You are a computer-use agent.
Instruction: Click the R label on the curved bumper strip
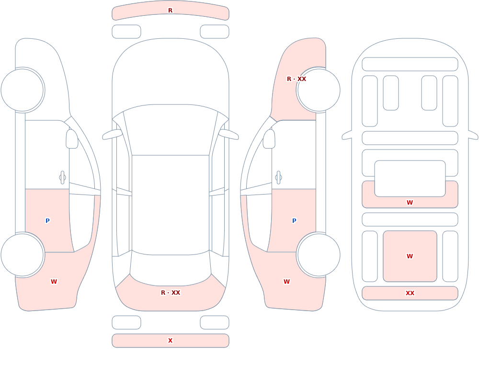pyautogui.click(x=170, y=11)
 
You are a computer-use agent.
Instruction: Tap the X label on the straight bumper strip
pyautogui.click(x=170, y=341)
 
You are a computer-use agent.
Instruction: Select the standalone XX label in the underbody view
pyautogui.click(x=410, y=293)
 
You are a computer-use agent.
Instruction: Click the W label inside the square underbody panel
pyautogui.click(x=410, y=256)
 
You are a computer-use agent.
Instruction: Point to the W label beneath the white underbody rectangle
pyautogui.click(x=410, y=202)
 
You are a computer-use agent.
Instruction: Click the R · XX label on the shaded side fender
pyautogui.click(x=297, y=79)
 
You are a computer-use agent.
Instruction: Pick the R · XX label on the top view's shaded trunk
pyautogui.click(x=171, y=293)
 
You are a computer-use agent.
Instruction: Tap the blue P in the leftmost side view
pyautogui.click(x=47, y=221)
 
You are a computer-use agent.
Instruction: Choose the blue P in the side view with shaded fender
pyautogui.click(x=294, y=221)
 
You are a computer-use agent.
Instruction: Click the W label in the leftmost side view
pyautogui.click(x=54, y=282)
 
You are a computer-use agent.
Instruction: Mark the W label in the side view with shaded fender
pyautogui.click(x=286, y=282)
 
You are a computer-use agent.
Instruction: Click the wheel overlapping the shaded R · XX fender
pyautogui.click(x=319, y=90)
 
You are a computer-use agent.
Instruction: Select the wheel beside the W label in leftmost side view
pyautogui.click(x=23, y=254)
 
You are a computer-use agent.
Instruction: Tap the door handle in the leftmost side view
pyautogui.click(x=63, y=178)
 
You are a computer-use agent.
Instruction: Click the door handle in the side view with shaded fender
pyautogui.click(x=278, y=178)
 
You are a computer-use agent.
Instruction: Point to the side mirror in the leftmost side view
pyautogui.click(x=72, y=139)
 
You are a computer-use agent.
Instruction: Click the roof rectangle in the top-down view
pyautogui.click(x=171, y=205)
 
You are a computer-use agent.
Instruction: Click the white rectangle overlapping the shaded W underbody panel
pyautogui.click(x=410, y=179)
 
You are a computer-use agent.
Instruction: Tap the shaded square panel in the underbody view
pyautogui.click(x=410, y=256)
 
